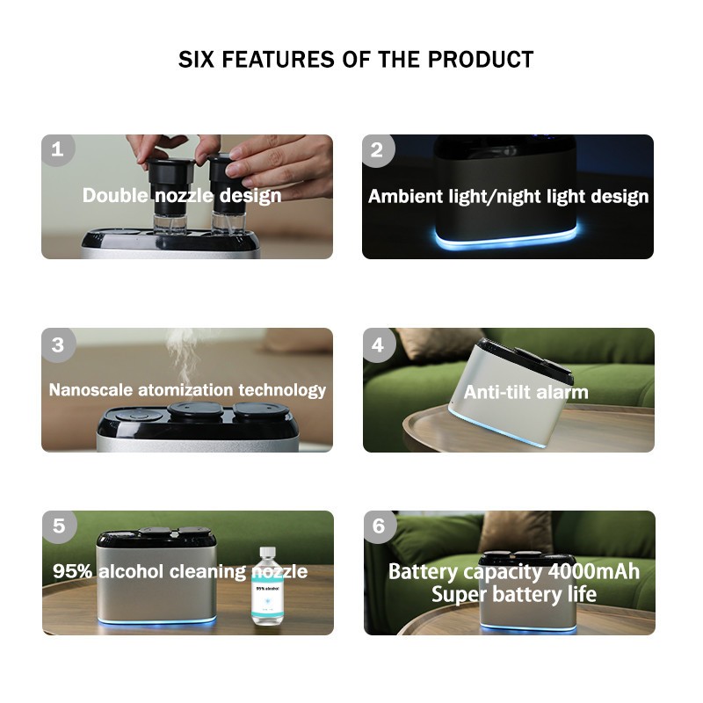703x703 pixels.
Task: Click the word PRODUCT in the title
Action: (481, 59)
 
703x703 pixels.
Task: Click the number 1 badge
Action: (57, 149)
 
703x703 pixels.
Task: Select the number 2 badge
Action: (378, 150)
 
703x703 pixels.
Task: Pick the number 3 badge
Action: (58, 344)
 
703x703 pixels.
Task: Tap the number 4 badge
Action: (379, 344)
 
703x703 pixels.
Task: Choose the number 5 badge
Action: (59, 526)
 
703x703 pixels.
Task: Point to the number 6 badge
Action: (380, 526)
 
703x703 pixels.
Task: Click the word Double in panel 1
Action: (115, 195)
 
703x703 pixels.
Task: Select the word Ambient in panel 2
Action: (405, 196)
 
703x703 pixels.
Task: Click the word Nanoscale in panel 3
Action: (91, 389)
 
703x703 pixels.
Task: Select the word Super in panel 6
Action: (459, 595)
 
